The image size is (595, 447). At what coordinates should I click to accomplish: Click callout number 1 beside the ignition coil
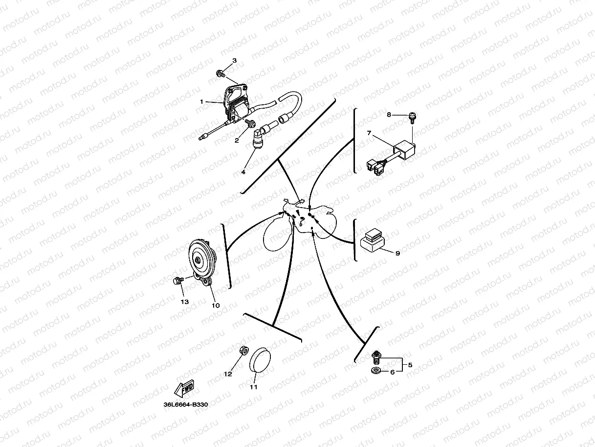pos(201,101)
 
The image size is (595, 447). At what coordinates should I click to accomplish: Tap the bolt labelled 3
pos(220,74)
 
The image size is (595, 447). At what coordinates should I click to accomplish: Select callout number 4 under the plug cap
pos(242,172)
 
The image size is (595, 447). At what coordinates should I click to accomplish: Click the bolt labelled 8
pos(412,117)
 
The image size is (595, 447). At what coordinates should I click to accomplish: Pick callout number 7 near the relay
pos(370,133)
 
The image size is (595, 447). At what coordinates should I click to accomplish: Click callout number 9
pos(397,253)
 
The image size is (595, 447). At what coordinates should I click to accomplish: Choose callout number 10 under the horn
pos(216,305)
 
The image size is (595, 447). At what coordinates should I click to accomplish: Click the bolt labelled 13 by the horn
pos(177,281)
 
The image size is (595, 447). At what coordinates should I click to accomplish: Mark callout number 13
pos(184,302)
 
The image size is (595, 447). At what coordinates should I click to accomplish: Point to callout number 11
pos(253,387)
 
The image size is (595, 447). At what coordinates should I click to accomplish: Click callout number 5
pos(410,365)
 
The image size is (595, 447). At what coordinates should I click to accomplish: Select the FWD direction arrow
pos(184,389)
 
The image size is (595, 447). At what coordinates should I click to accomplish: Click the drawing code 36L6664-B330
pos(186,405)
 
